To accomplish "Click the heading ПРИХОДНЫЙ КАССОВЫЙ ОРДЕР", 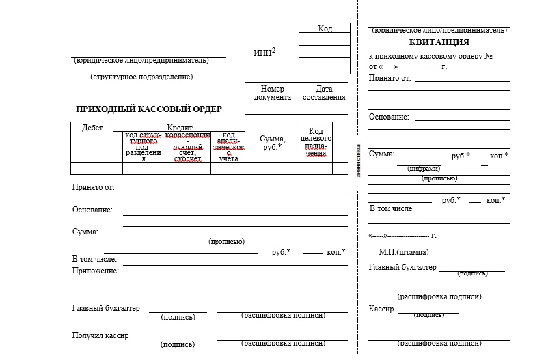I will click(x=148, y=109).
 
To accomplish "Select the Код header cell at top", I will click(x=325, y=29).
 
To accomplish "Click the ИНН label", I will click(x=264, y=53).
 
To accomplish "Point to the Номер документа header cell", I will click(x=272, y=93).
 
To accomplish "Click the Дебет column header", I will click(x=92, y=128).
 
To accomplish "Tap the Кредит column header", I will click(x=180, y=128).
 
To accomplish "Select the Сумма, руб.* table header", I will click(x=272, y=143).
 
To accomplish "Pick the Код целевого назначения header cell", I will click(x=316, y=142).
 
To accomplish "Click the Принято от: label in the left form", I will click(x=93, y=187).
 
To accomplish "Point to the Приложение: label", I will click(x=96, y=271).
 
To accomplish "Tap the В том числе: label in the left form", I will click(x=94, y=259).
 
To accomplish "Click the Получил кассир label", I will click(x=100, y=335).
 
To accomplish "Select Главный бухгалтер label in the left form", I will click(x=106, y=308).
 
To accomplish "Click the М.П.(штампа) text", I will click(x=409, y=251).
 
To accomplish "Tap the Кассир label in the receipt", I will click(x=381, y=309).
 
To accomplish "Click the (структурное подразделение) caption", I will click(x=141, y=77).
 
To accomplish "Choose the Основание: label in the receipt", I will click(x=389, y=117).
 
